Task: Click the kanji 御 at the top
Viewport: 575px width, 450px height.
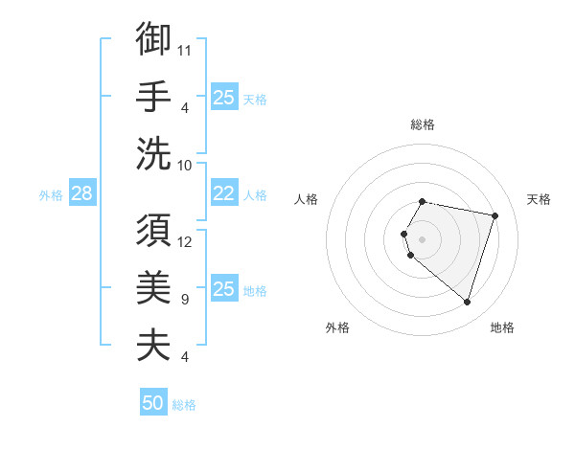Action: point(153,39)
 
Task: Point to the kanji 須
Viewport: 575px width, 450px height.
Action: point(153,231)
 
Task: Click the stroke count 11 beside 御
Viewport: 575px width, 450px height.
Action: point(185,49)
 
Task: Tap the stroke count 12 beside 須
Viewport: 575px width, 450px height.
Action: point(185,241)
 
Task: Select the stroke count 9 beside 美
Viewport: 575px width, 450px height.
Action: point(184,300)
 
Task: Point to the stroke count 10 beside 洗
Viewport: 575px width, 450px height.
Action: point(185,165)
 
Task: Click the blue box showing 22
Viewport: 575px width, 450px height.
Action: point(223,193)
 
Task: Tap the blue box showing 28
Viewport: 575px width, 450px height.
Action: point(81,194)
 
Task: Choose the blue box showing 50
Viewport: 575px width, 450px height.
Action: point(153,403)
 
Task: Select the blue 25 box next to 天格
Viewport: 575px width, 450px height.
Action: point(223,97)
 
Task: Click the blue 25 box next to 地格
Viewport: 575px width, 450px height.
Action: point(223,289)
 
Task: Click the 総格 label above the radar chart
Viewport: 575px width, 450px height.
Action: point(423,124)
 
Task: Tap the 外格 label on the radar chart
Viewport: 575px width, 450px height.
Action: point(336,328)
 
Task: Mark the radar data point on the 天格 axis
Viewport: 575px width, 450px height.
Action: point(494,215)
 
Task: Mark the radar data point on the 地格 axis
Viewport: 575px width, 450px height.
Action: point(467,303)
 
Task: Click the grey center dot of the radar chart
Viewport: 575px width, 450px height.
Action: point(423,238)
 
